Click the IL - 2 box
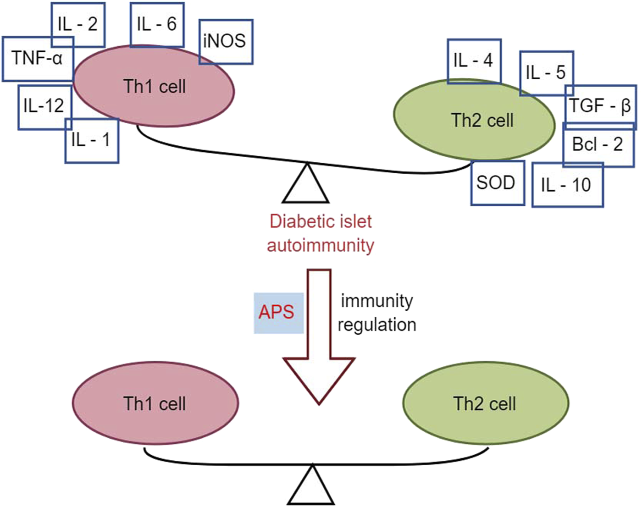pyautogui.click(x=78, y=24)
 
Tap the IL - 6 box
pyautogui.click(x=157, y=24)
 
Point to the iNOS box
pyautogui.click(x=226, y=41)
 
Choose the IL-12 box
pyautogui.click(x=44, y=107)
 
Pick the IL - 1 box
pyautogui.click(x=92, y=140)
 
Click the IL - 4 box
pyautogui.click(x=474, y=61)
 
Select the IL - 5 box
pyautogui.click(x=546, y=73)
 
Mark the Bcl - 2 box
pyautogui.click(x=598, y=145)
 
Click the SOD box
pyautogui.click(x=497, y=183)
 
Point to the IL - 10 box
pyautogui.click(x=567, y=185)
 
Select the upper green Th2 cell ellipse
pyautogui.click(x=474, y=120)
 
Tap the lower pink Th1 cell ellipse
pyautogui.click(x=155, y=403)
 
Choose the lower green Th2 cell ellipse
pyautogui.click(x=485, y=403)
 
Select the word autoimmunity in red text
pyautogui.click(x=321, y=245)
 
